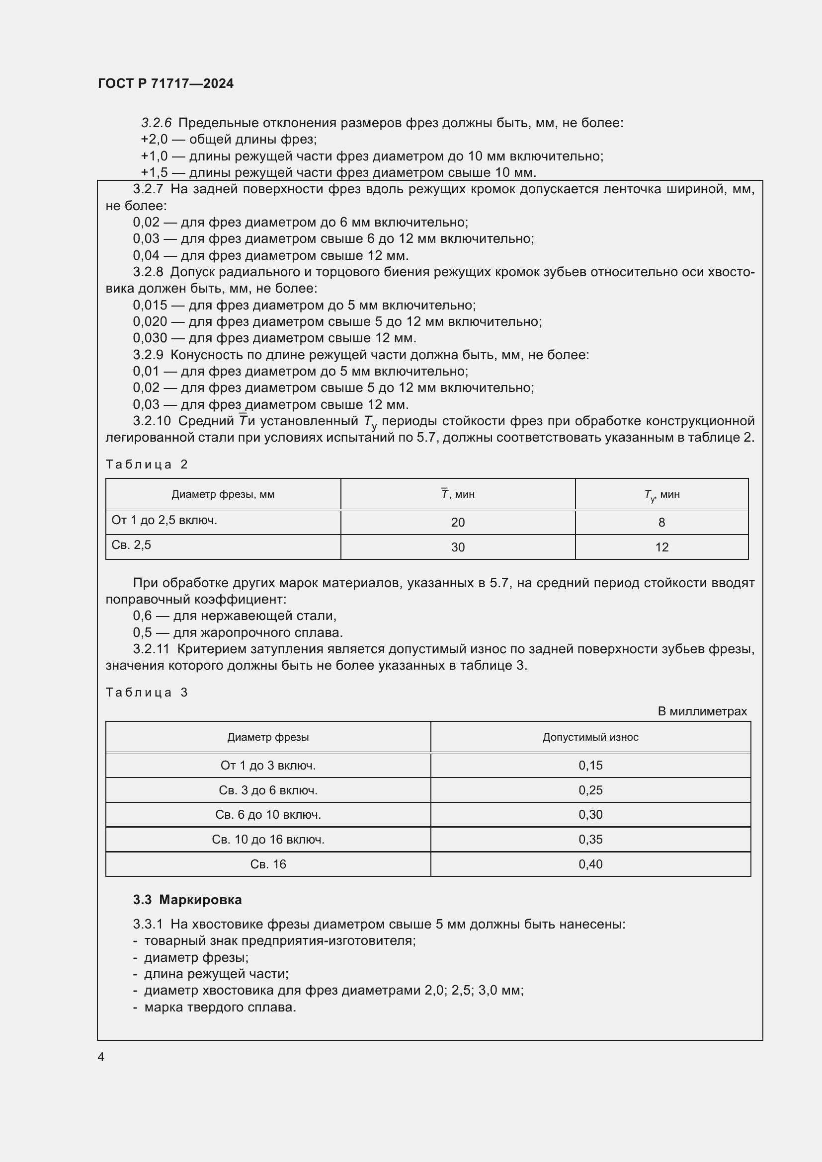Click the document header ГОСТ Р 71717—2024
pyautogui.click(x=165, y=83)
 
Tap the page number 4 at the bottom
pyautogui.click(x=101, y=1057)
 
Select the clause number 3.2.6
pyautogui.click(x=156, y=123)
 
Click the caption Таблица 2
pyautogui.click(x=146, y=465)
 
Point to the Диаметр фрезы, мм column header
pyautogui.click(x=223, y=494)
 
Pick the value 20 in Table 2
pyautogui.click(x=458, y=522)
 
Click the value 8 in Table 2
pyautogui.click(x=661, y=522)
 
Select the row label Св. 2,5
pyautogui.click(x=131, y=545)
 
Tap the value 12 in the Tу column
pyautogui.click(x=661, y=547)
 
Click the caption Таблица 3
pyautogui.click(x=146, y=693)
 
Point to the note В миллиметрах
pyautogui.click(x=702, y=711)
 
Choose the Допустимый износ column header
pyautogui.click(x=590, y=737)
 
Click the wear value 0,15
pyautogui.click(x=590, y=765)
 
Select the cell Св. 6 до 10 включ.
pyautogui.click(x=268, y=814)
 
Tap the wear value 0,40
pyautogui.click(x=590, y=864)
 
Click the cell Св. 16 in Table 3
pyautogui.click(x=268, y=864)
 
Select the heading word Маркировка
pyautogui.click(x=200, y=899)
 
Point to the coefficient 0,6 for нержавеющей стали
pyautogui.click(x=142, y=616)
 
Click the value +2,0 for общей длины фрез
pyautogui.click(x=154, y=139)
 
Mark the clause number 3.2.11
pyautogui.click(x=151, y=649)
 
